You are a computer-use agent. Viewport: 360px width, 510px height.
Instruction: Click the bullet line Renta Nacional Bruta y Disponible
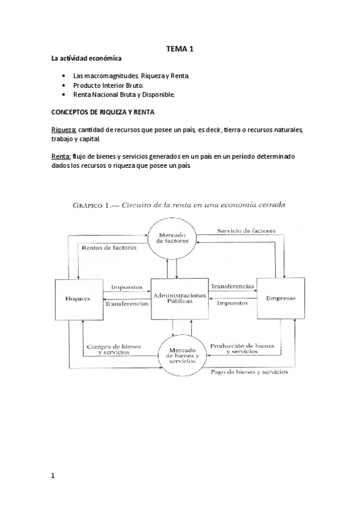123,95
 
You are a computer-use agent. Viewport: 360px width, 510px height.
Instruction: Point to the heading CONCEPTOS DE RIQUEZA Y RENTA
103,112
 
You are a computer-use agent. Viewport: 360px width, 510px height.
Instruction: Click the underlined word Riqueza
64,130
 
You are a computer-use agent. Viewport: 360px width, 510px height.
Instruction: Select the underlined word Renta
61,156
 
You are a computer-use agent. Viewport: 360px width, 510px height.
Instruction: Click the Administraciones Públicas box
179,299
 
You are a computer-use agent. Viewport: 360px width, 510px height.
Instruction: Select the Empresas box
281,299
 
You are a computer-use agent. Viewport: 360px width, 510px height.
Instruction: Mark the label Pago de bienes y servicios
249,372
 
